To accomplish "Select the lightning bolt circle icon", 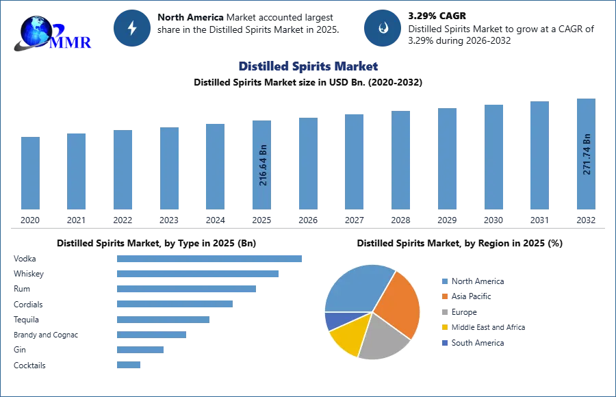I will pos(133,28).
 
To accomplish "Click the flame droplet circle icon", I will pos(383,28).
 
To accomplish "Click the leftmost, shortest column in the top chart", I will pos(30,175).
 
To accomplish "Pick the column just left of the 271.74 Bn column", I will pos(539,155).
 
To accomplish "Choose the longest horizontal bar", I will pos(210,258).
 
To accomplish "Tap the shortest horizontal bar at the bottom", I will pos(129,366).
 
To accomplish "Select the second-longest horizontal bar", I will pos(197,274).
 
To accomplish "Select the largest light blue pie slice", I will pos(356,287).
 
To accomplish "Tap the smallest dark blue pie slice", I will pos(335,320).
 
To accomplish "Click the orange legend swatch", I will pos(444,296).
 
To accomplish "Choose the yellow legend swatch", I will pos(444,328).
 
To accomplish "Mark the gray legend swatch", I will pos(444,312).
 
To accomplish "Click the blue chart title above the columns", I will pos(309,66).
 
